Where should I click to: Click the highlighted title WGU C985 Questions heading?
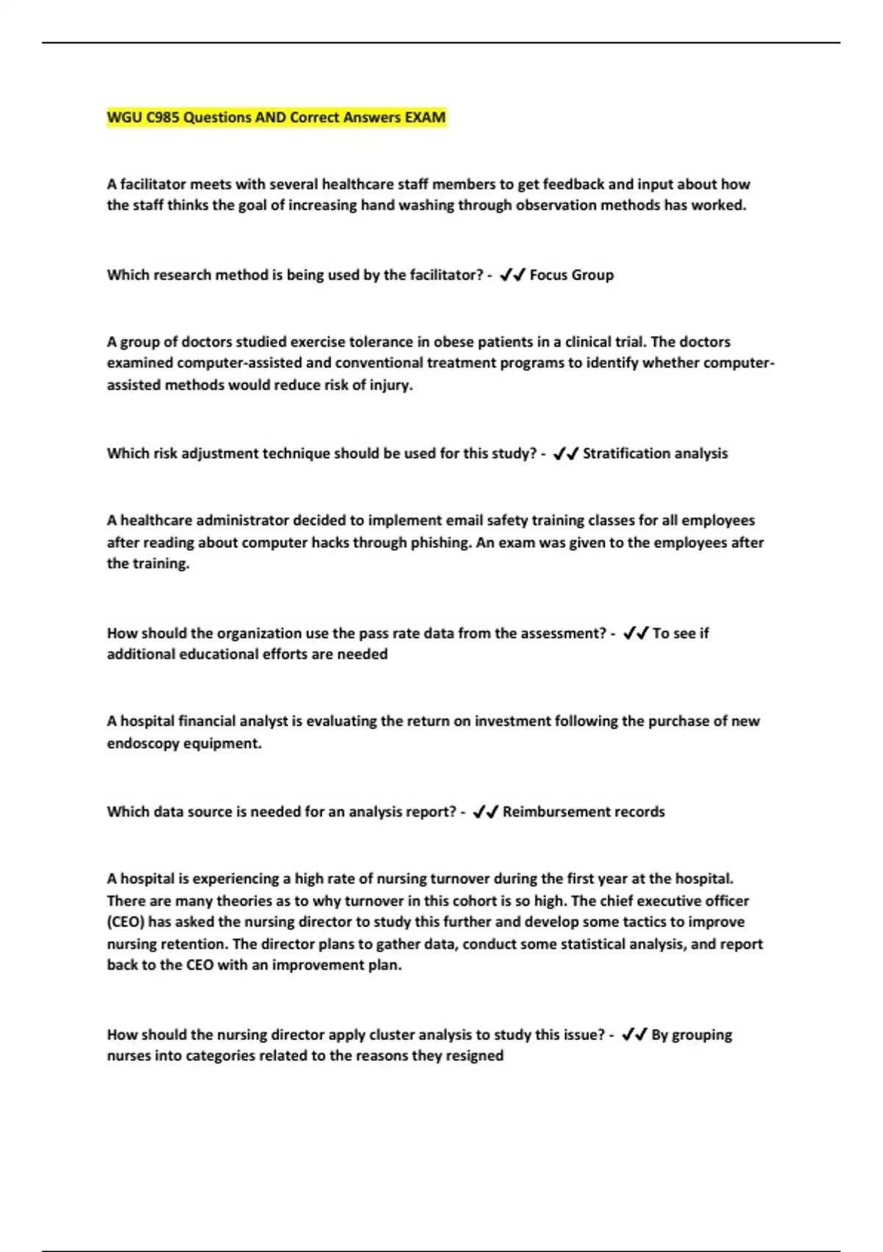click(x=276, y=118)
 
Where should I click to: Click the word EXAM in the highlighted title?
click(x=425, y=118)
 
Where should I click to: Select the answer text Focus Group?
click(x=571, y=275)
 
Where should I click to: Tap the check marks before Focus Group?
click(x=512, y=275)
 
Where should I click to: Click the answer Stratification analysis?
click(x=655, y=454)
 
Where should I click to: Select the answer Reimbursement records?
click(x=584, y=812)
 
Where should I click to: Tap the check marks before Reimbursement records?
click(x=486, y=812)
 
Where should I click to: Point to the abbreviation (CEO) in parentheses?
click(x=125, y=922)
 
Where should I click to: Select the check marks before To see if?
click(x=635, y=633)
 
